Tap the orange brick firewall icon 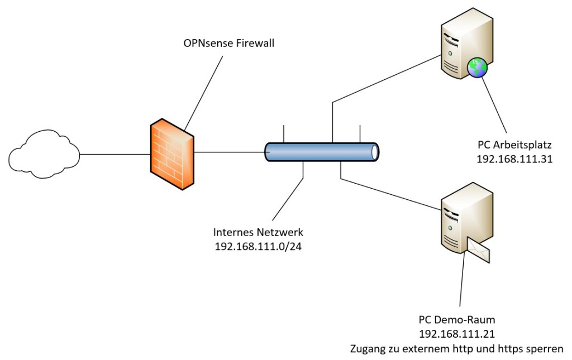(x=171, y=155)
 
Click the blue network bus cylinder (x=322, y=152)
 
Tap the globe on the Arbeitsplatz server (x=476, y=68)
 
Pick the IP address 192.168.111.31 (x=514, y=159)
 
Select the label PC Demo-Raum (x=457, y=320)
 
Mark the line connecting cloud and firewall (x=114, y=154)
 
